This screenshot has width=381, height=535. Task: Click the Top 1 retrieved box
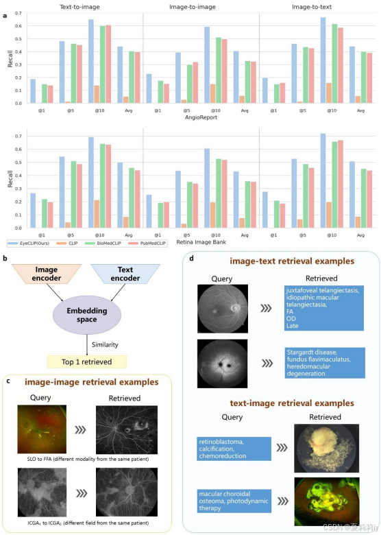[x=87, y=361]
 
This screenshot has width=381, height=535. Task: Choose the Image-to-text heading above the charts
[x=312, y=6]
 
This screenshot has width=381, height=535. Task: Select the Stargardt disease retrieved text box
[x=322, y=359]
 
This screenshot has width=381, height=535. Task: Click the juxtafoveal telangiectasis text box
[x=321, y=307]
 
